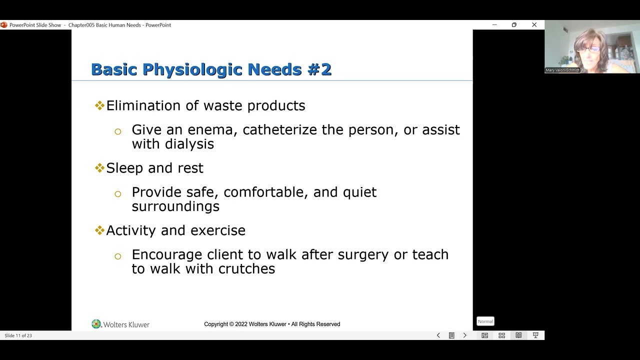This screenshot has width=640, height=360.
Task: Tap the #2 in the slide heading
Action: click(x=319, y=69)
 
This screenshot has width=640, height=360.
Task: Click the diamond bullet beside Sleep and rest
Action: click(x=99, y=168)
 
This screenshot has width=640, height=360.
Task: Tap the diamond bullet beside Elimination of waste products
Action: click(x=99, y=105)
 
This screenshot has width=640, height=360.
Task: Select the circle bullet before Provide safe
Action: click(x=117, y=194)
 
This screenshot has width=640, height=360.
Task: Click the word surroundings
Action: click(x=175, y=206)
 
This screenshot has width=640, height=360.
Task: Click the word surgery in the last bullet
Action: click(x=363, y=254)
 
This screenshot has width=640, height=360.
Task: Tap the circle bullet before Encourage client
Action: click(x=117, y=256)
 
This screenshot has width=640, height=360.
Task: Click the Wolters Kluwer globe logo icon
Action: click(x=96, y=324)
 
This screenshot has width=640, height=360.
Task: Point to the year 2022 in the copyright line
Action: click(x=241, y=324)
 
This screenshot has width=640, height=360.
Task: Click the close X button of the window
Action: click(x=534, y=25)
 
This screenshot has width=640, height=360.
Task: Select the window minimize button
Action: click(x=494, y=25)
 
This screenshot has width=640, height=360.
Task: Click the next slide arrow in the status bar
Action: click(x=464, y=335)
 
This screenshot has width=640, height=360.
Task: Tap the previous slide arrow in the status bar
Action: click(x=438, y=335)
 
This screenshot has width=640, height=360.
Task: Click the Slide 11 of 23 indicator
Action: click(x=18, y=335)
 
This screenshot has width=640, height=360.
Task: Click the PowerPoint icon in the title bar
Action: click(x=4, y=25)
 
